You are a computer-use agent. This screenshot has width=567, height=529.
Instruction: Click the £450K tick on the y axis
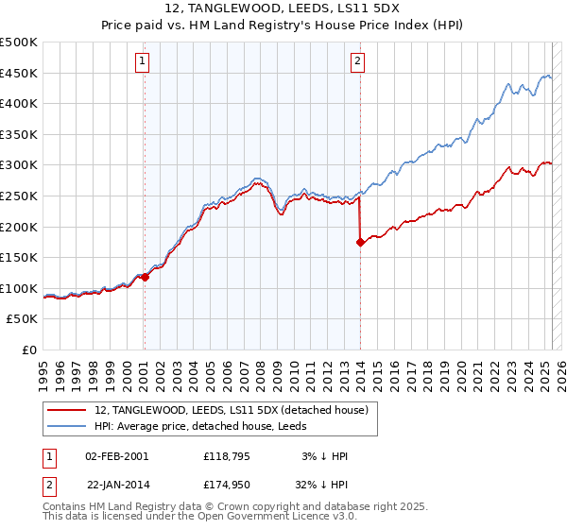(x=19, y=73)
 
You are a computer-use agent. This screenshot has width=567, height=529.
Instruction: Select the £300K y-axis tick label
(x=19, y=165)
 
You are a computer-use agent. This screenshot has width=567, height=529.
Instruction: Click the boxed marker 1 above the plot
(x=142, y=62)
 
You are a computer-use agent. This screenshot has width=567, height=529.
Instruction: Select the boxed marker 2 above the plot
(x=358, y=62)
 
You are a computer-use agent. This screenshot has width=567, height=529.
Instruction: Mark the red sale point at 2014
(x=360, y=243)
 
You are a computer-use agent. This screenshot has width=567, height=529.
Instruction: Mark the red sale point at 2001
(x=145, y=277)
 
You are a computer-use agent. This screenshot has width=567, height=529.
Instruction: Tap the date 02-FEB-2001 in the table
(x=117, y=456)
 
